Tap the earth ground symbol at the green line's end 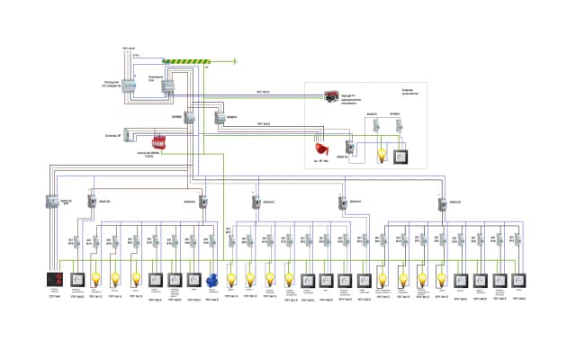coord(235,61)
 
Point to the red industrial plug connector coord(319,148)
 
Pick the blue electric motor coord(213,280)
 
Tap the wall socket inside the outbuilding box coord(400,156)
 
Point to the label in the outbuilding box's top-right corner coord(411,91)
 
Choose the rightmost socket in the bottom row coord(521,280)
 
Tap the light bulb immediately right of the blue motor coord(231,280)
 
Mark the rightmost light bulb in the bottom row coord(442,280)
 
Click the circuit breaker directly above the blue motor coord(213,240)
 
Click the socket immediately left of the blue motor coord(193,280)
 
